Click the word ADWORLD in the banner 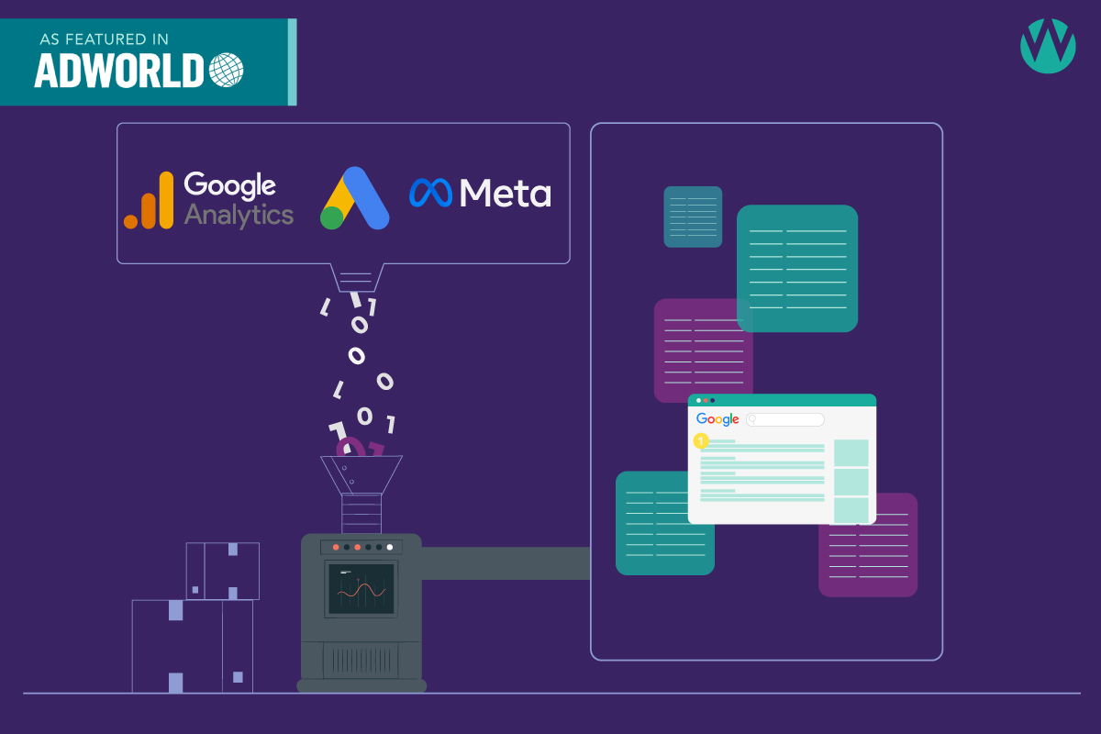pos(120,71)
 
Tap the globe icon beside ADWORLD pos(227,71)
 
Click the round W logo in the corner pos(1048,45)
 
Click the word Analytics pos(239,216)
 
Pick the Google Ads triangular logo pos(354,199)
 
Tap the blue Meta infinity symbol pos(429,193)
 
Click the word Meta pos(506,193)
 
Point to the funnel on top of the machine pos(361,473)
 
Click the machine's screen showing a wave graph pos(361,589)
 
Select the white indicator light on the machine pos(390,547)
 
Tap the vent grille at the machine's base pos(361,659)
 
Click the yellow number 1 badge pos(702,441)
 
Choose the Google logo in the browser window pos(717,419)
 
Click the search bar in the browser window pos(785,419)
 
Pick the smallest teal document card pos(693,217)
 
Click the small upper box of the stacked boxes pos(222,571)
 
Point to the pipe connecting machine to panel pos(506,563)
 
